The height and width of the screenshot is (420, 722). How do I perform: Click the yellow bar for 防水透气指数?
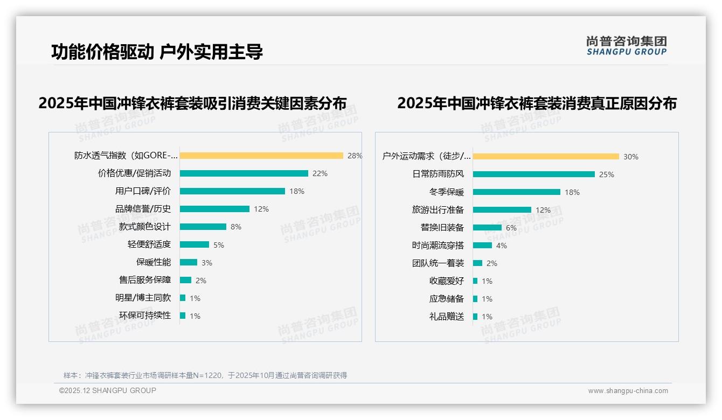tap(261, 156)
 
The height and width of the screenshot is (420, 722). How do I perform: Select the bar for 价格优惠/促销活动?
tap(244, 173)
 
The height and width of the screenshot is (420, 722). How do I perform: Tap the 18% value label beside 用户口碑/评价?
tap(297, 191)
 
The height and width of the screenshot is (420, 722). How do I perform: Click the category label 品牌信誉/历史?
tap(143, 209)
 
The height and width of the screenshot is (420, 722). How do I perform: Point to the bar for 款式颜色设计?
tap(203, 227)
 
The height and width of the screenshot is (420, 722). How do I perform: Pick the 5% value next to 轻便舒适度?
tap(219, 245)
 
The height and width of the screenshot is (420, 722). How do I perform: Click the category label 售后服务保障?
tap(145, 280)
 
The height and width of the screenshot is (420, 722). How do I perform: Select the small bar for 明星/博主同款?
tap(183, 298)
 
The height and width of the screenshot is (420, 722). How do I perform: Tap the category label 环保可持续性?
tap(145, 316)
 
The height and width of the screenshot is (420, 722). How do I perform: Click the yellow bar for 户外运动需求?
tap(546, 157)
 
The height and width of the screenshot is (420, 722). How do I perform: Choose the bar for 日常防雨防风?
tap(534, 174)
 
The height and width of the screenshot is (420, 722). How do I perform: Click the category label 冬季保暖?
tap(447, 192)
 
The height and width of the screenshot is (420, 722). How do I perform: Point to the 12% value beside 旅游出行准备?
tap(543, 210)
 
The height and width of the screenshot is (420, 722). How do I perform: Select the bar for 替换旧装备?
tap(487, 228)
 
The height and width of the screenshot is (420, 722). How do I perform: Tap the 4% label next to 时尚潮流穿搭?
tap(502, 246)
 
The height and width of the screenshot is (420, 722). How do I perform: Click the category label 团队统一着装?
tap(438, 263)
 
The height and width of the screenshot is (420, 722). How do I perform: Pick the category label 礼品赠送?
tap(447, 317)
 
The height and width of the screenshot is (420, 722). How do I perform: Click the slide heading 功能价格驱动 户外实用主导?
tap(157, 52)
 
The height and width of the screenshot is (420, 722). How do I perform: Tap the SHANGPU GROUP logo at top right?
tap(627, 46)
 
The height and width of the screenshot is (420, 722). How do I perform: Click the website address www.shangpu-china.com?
tap(628, 391)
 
